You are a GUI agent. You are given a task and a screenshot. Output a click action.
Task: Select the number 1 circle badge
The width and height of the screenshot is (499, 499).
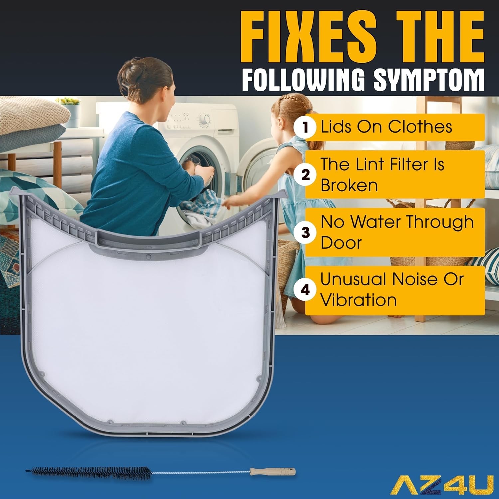pos(305,127)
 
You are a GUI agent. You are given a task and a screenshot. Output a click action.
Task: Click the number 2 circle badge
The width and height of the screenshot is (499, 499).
pos(305,175)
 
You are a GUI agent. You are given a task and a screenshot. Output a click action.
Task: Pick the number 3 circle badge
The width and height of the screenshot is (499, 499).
pos(305,232)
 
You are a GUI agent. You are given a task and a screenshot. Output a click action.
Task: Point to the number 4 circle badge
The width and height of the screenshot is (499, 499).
pos(305,290)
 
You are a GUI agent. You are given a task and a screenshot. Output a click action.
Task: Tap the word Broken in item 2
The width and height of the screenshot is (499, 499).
pos(349,185)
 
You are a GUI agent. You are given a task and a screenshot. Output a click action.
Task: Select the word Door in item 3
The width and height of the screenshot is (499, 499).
pos(341,242)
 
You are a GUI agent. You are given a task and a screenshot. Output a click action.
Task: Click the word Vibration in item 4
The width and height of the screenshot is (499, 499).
pos(358,300)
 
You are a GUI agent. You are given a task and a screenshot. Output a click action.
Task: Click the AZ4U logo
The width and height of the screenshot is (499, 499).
pos(442,485)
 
